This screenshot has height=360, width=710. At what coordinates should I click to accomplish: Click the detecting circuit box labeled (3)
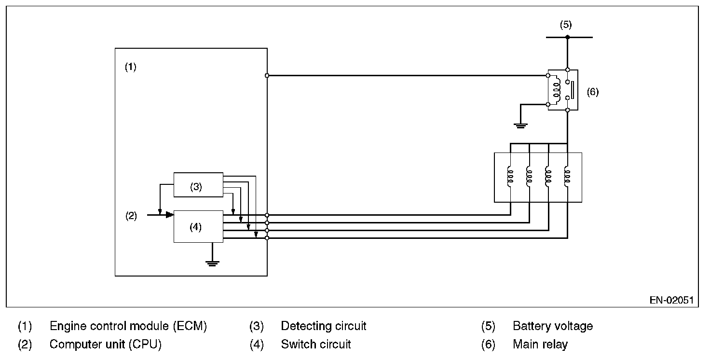(198, 185)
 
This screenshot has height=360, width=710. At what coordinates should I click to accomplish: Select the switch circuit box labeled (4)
(198, 226)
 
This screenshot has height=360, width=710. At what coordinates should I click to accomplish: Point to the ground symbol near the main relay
(520, 125)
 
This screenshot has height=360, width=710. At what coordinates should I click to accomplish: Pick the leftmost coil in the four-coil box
(510, 177)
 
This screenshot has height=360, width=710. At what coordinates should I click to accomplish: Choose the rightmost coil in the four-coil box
(567, 177)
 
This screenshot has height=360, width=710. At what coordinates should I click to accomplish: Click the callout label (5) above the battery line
(566, 25)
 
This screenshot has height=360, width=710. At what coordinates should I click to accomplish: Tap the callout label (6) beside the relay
(593, 92)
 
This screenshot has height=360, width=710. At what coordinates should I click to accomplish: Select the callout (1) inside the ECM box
(131, 67)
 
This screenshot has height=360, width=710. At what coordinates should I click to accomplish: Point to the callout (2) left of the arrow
(131, 216)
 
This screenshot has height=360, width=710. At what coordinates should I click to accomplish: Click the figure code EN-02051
(671, 300)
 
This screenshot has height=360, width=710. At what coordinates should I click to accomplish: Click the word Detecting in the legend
(306, 326)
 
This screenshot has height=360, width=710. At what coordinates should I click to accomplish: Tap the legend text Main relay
(540, 344)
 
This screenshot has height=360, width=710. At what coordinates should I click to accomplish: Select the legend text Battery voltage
(553, 326)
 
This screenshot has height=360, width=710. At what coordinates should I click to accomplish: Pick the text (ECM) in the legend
(190, 326)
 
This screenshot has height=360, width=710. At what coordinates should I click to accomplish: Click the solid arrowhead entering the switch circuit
(170, 215)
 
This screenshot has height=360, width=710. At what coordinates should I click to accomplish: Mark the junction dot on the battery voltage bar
(567, 37)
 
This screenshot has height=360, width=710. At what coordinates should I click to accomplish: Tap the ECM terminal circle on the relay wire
(267, 75)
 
